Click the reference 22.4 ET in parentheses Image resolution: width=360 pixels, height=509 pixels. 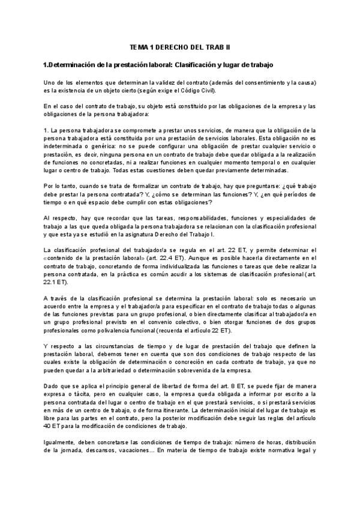pyautogui.click(x=145, y=257)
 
